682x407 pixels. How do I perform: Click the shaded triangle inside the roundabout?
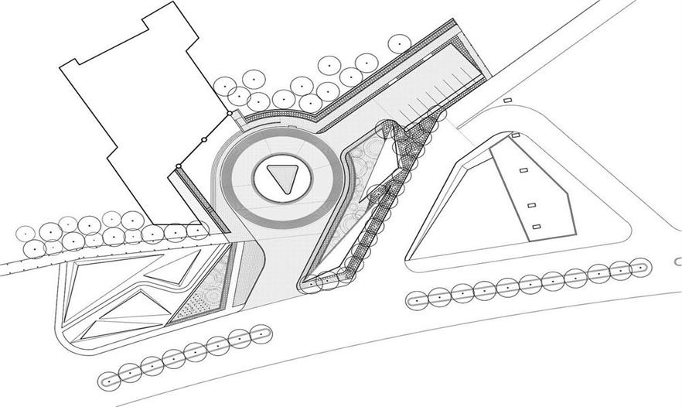pyautogui.click(x=281, y=179)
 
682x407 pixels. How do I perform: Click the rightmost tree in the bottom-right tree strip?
pyautogui.click(x=639, y=268)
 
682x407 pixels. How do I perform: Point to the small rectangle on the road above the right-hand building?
pyautogui.click(x=507, y=101)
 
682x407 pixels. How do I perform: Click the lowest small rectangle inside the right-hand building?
pyautogui.click(x=536, y=227)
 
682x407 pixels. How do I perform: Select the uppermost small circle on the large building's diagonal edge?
pyautogui.click(x=230, y=114)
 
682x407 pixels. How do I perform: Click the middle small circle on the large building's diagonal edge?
pyautogui.click(x=203, y=140)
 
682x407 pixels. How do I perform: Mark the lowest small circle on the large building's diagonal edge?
pyautogui.click(x=178, y=166)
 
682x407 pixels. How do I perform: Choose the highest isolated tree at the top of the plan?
pyautogui.click(x=399, y=43)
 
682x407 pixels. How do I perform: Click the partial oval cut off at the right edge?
pyautogui.click(x=677, y=262)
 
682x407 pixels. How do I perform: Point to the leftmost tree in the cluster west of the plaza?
pyautogui.click(x=26, y=233)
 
